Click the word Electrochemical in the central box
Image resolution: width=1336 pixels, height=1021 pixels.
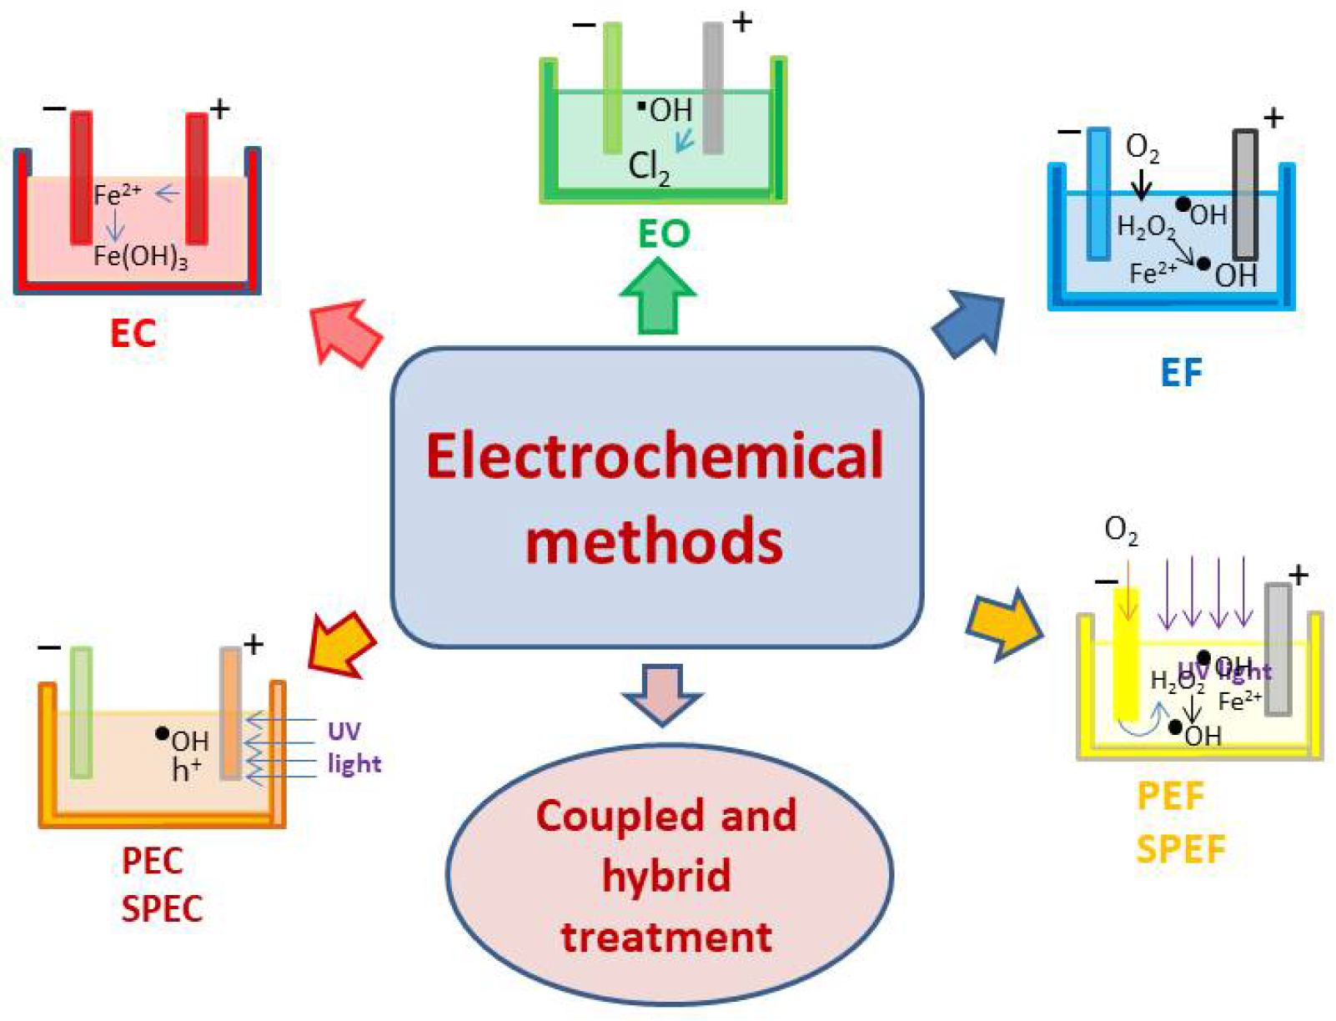[655, 457]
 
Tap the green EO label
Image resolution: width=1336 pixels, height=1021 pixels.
[664, 234]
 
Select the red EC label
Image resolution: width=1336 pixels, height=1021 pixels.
[133, 334]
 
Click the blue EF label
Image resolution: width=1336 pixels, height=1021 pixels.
[1182, 373]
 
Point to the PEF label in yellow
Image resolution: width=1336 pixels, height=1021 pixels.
[1171, 797]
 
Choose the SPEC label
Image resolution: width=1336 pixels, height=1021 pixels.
[162, 909]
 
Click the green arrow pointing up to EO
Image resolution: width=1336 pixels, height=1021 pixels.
[658, 297]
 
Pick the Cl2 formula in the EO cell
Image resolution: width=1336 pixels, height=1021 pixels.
[649, 168]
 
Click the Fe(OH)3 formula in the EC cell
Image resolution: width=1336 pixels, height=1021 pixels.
[140, 257]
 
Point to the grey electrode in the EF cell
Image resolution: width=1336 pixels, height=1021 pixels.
[1244, 194]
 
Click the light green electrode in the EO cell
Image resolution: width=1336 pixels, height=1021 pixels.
[612, 88]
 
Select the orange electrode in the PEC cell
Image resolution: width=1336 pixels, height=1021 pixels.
[231, 713]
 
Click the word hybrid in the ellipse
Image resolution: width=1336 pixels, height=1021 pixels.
[666, 877]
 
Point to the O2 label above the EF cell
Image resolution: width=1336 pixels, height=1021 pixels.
[1142, 148]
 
